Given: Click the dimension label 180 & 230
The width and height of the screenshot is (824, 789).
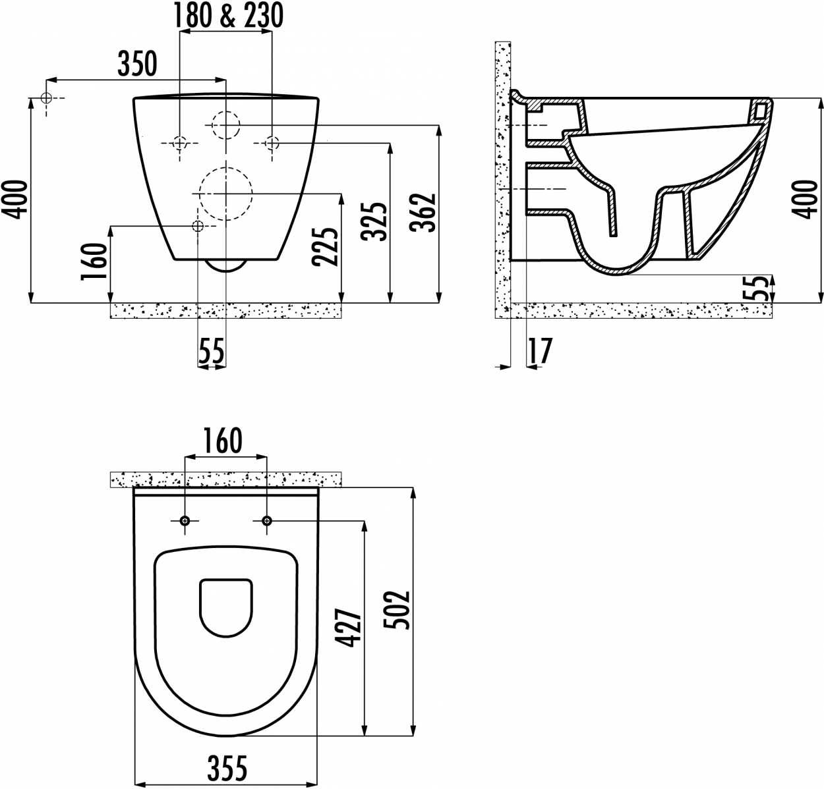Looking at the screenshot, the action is point(228,16).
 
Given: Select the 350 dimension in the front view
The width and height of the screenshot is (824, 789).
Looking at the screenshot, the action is point(137,64).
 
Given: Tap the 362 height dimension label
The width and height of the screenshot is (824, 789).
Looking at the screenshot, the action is point(423,213).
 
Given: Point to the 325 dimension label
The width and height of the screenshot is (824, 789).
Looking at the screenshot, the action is point(374,222).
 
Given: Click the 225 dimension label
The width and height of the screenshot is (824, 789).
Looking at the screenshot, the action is point(325,246).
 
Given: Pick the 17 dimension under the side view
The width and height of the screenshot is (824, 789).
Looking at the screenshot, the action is point(541,350).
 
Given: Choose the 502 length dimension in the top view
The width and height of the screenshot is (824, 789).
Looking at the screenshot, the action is point(396,611).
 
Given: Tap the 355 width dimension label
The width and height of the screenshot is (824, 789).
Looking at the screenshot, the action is point(227,769).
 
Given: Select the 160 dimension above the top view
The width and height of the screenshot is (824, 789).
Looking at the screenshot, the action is point(223,441).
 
